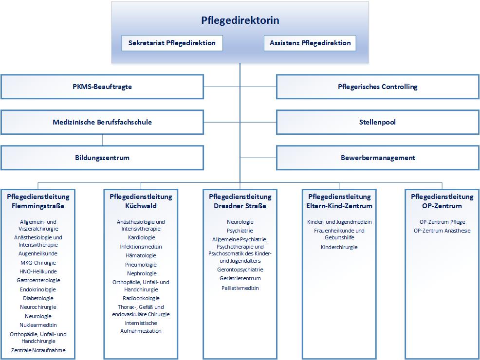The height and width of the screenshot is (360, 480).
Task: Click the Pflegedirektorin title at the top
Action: point(240,20)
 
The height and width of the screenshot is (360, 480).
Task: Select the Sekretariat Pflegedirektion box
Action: point(172,43)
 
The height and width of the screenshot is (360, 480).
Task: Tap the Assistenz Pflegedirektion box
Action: point(310,43)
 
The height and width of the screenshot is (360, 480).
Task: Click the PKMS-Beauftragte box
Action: point(102,87)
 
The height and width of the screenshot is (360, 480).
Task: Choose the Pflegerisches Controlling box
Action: point(378,87)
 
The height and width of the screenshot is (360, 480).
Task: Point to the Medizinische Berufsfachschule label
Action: point(102,122)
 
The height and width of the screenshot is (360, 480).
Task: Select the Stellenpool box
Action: point(378,122)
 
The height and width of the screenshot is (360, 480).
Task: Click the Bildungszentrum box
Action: point(102,158)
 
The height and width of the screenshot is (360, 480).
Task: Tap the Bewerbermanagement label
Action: point(378,158)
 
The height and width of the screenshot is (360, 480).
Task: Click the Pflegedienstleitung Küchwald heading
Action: point(141,201)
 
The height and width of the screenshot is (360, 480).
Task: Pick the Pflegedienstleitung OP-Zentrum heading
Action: point(442,201)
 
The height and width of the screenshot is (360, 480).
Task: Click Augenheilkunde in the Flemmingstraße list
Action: point(38,253)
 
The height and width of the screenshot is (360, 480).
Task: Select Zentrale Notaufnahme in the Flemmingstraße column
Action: point(38,350)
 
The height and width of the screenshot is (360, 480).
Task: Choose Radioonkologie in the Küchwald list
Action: point(141,298)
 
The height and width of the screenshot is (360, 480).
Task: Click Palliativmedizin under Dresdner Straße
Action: point(240,288)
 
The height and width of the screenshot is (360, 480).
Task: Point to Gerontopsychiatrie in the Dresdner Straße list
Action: point(240,270)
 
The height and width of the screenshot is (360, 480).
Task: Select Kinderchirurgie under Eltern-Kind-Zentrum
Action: point(339,247)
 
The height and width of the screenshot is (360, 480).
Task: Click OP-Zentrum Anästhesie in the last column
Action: point(442,231)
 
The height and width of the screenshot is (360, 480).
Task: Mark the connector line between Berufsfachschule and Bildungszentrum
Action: point(102,140)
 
